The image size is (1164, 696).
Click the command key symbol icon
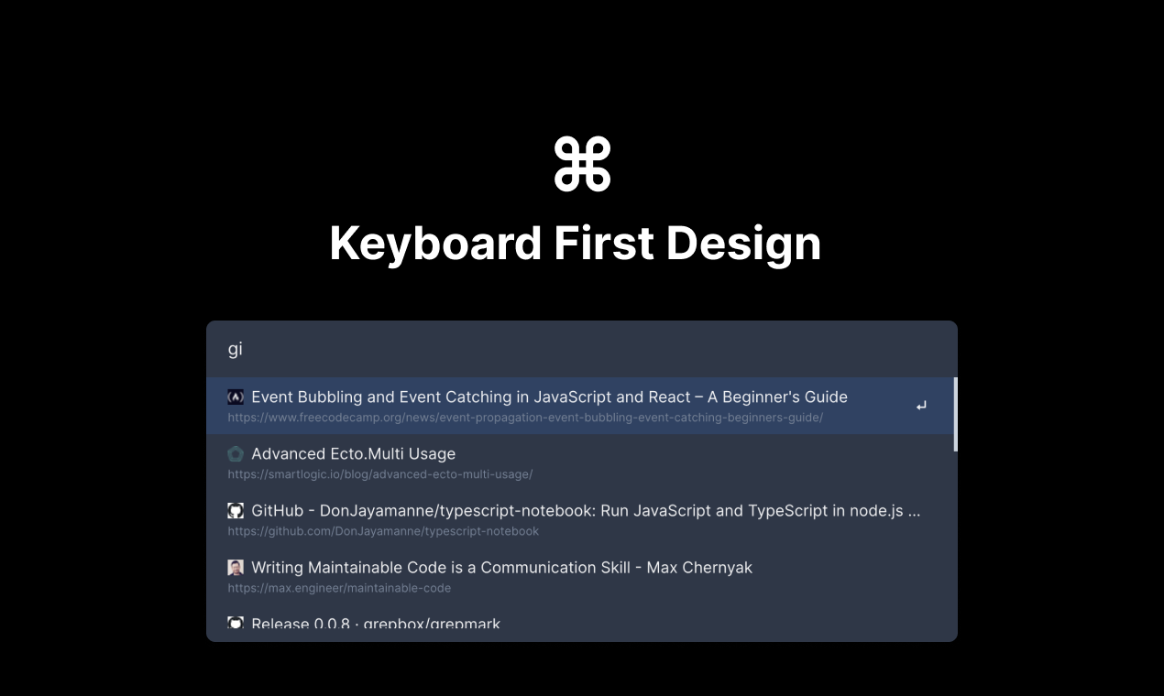pos(582,164)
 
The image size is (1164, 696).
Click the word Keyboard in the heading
pos(435,244)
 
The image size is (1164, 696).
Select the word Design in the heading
pos(743,244)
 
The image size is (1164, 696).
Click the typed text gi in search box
pos(235,349)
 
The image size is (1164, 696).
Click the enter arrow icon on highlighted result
pos(921,406)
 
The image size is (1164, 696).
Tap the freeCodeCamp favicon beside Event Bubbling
pos(236,397)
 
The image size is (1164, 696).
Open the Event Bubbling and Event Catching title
pos(549,397)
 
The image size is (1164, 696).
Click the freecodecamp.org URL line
pos(525,418)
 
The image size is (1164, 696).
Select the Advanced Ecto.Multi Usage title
pos(353,453)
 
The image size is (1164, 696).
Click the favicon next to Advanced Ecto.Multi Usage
pos(236,454)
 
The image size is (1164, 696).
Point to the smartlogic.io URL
pos(379,474)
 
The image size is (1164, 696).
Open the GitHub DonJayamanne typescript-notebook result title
pos(586,510)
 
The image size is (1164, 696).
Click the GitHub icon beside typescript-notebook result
pos(236,511)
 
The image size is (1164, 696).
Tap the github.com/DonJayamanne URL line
pos(383,531)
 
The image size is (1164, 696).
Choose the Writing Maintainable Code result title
pos(501,567)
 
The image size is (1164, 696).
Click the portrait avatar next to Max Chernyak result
pos(236,568)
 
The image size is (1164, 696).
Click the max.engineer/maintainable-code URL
pos(339,588)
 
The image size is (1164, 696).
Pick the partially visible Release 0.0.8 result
pos(376,624)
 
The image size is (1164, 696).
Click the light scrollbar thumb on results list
pos(955,414)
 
